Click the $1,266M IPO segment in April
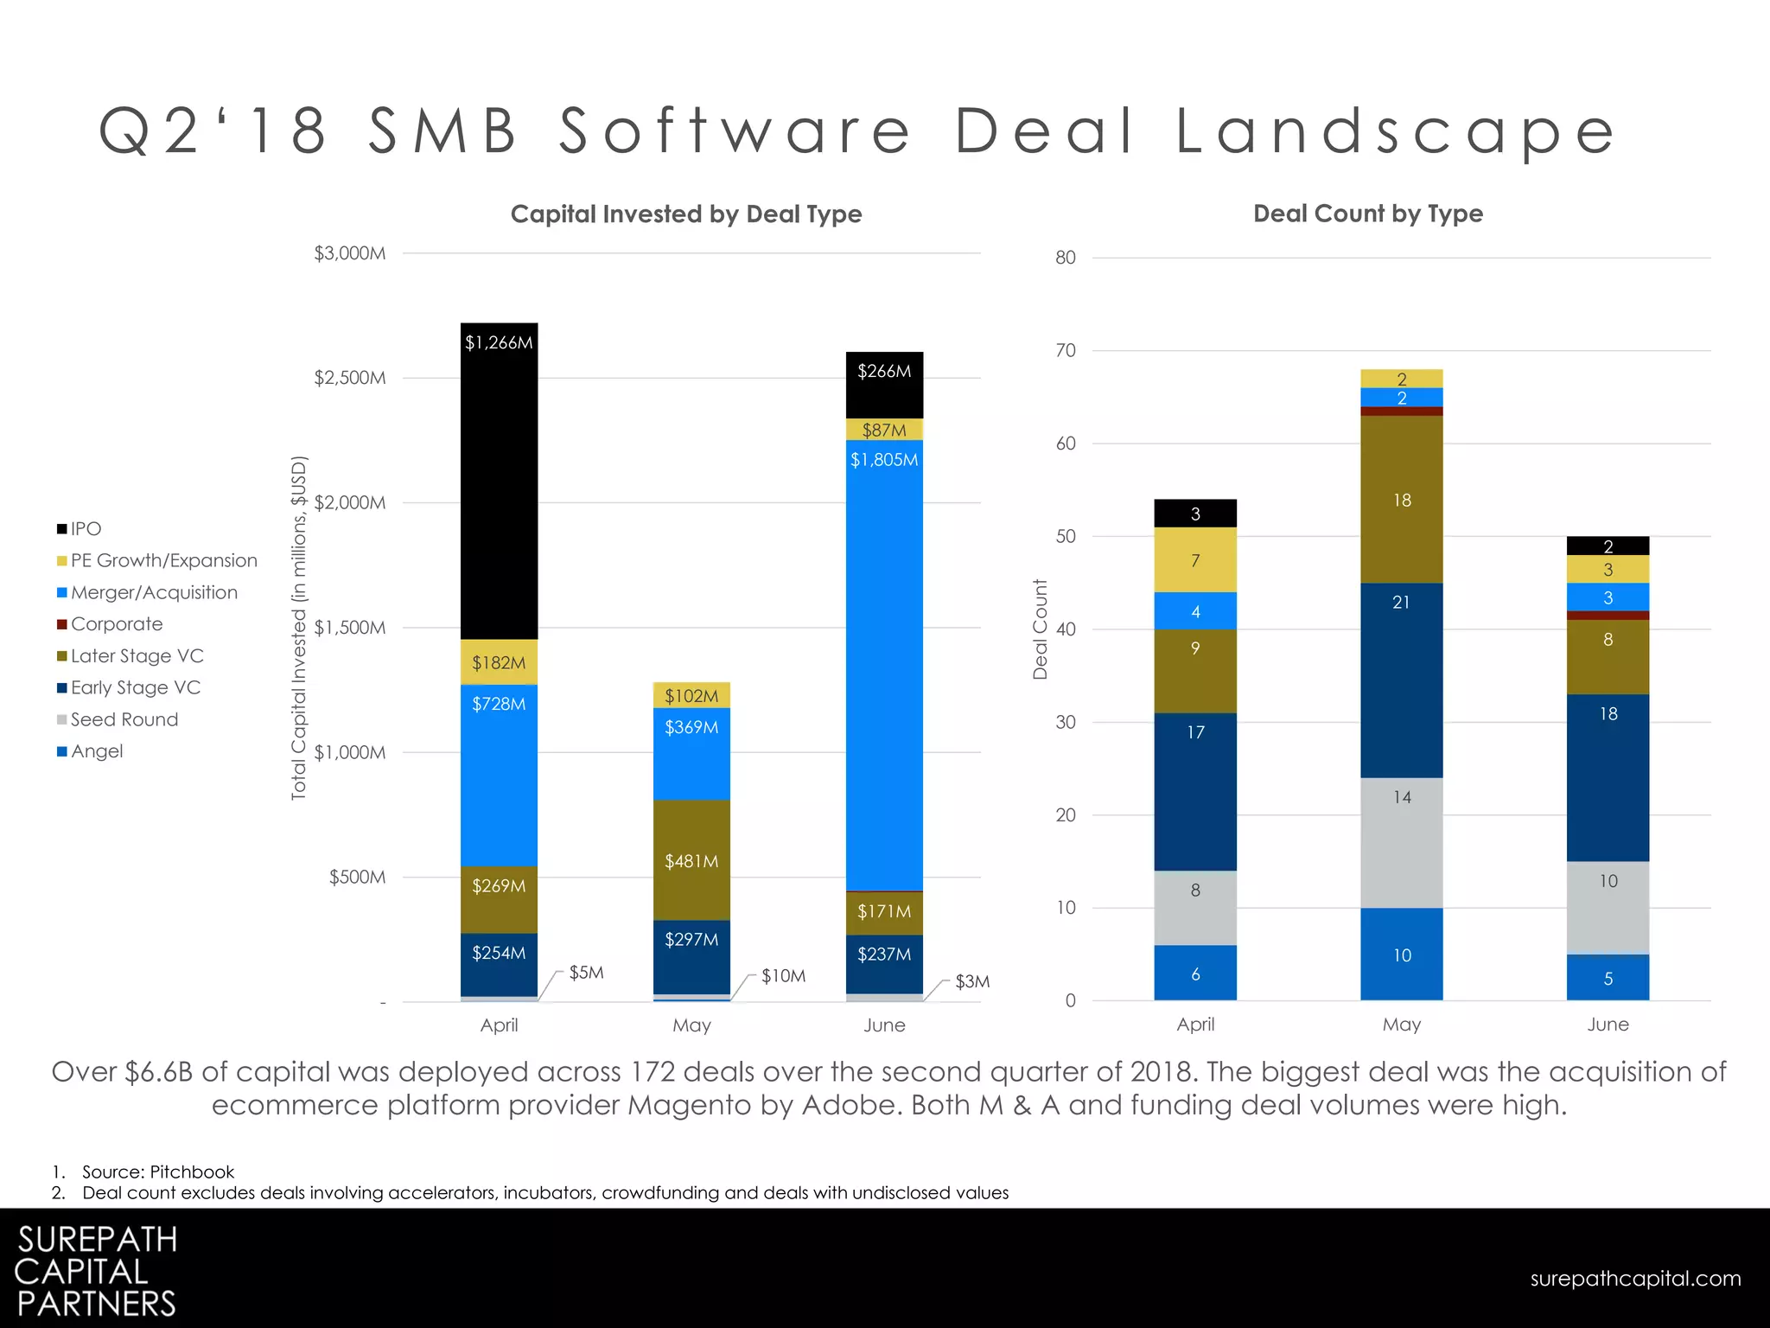(x=499, y=481)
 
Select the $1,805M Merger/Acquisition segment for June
(x=884, y=666)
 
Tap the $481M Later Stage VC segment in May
(x=691, y=859)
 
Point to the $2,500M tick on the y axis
(x=349, y=378)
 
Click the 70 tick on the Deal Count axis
(x=1065, y=350)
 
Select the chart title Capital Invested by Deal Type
(x=685, y=214)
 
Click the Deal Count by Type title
(x=1367, y=214)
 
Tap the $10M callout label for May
(x=783, y=976)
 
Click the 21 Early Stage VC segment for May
(x=1401, y=680)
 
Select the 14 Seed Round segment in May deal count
(x=1401, y=842)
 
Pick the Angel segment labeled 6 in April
(x=1195, y=974)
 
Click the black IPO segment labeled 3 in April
(x=1195, y=514)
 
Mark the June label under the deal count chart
(x=1608, y=1025)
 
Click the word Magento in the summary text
(x=690, y=1105)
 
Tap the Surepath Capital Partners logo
(x=96, y=1271)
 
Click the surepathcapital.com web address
(x=1635, y=1278)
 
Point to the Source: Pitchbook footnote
(x=157, y=1172)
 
